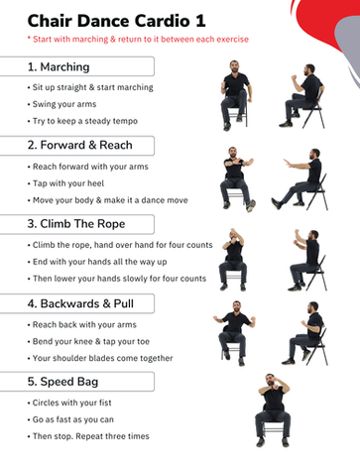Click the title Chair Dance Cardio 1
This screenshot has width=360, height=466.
coord(116,21)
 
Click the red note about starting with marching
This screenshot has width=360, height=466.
coord(138,40)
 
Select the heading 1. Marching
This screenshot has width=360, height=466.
coord(59,66)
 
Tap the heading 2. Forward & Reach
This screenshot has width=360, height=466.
coord(80,145)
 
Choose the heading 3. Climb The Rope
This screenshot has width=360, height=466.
coord(76,224)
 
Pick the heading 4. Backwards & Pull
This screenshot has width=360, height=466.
coord(80,303)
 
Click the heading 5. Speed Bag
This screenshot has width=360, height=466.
coord(62,382)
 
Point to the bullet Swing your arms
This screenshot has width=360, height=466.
coord(62,104)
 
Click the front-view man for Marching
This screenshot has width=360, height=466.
coord(235,95)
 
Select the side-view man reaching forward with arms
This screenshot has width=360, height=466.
coord(300,179)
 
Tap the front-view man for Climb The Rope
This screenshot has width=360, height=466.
coord(233,260)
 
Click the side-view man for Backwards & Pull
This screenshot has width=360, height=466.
coord(304,333)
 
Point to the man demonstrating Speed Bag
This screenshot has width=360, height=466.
coord(273,410)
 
